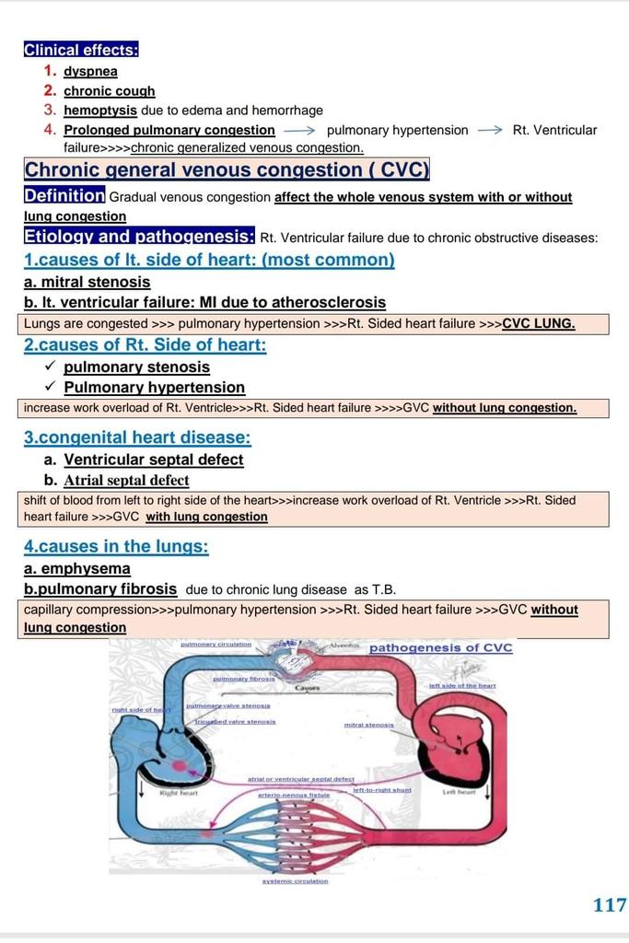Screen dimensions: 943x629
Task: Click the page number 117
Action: pyautogui.click(x=610, y=904)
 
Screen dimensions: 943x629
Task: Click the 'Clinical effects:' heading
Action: pyautogui.click(x=81, y=50)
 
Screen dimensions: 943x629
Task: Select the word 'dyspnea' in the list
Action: pyautogui.click(x=90, y=71)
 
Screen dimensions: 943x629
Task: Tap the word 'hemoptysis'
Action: pyautogui.click(x=100, y=110)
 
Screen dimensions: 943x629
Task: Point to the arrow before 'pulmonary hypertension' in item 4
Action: pyautogui.click(x=299, y=130)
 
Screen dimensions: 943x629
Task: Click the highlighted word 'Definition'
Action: pyautogui.click(x=64, y=195)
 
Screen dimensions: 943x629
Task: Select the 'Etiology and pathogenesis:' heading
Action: pyautogui.click(x=139, y=237)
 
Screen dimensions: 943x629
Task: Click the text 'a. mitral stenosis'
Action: pyautogui.click(x=87, y=282)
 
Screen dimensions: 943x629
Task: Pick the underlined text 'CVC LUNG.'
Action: pyautogui.click(x=539, y=323)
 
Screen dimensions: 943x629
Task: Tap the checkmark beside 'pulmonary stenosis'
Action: pyautogui.click(x=50, y=367)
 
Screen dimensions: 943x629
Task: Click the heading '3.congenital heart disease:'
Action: pyautogui.click(x=137, y=437)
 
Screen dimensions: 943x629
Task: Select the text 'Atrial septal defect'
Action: pyautogui.click(x=126, y=480)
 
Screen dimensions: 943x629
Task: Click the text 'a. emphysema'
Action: pyautogui.click(x=77, y=568)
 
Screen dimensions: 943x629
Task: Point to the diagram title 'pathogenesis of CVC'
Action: pyautogui.click(x=440, y=647)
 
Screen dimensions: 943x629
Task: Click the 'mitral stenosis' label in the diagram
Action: pyautogui.click(x=368, y=725)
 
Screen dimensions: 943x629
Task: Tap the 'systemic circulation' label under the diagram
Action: pyautogui.click(x=295, y=880)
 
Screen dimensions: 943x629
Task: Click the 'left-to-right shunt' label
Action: pyautogui.click(x=381, y=790)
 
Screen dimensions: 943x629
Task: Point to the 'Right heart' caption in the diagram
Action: pyautogui.click(x=179, y=791)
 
